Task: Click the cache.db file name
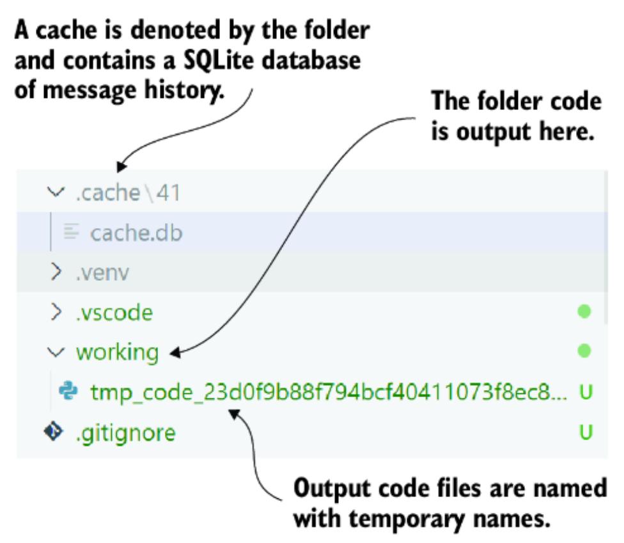click(136, 233)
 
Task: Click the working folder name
click(117, 352)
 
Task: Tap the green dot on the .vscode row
click(584, 312)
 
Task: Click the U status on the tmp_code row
click(584, 392)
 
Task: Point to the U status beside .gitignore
click(584, 433)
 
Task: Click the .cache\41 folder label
click(127, 193)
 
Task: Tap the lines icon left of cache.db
click(71, 233)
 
